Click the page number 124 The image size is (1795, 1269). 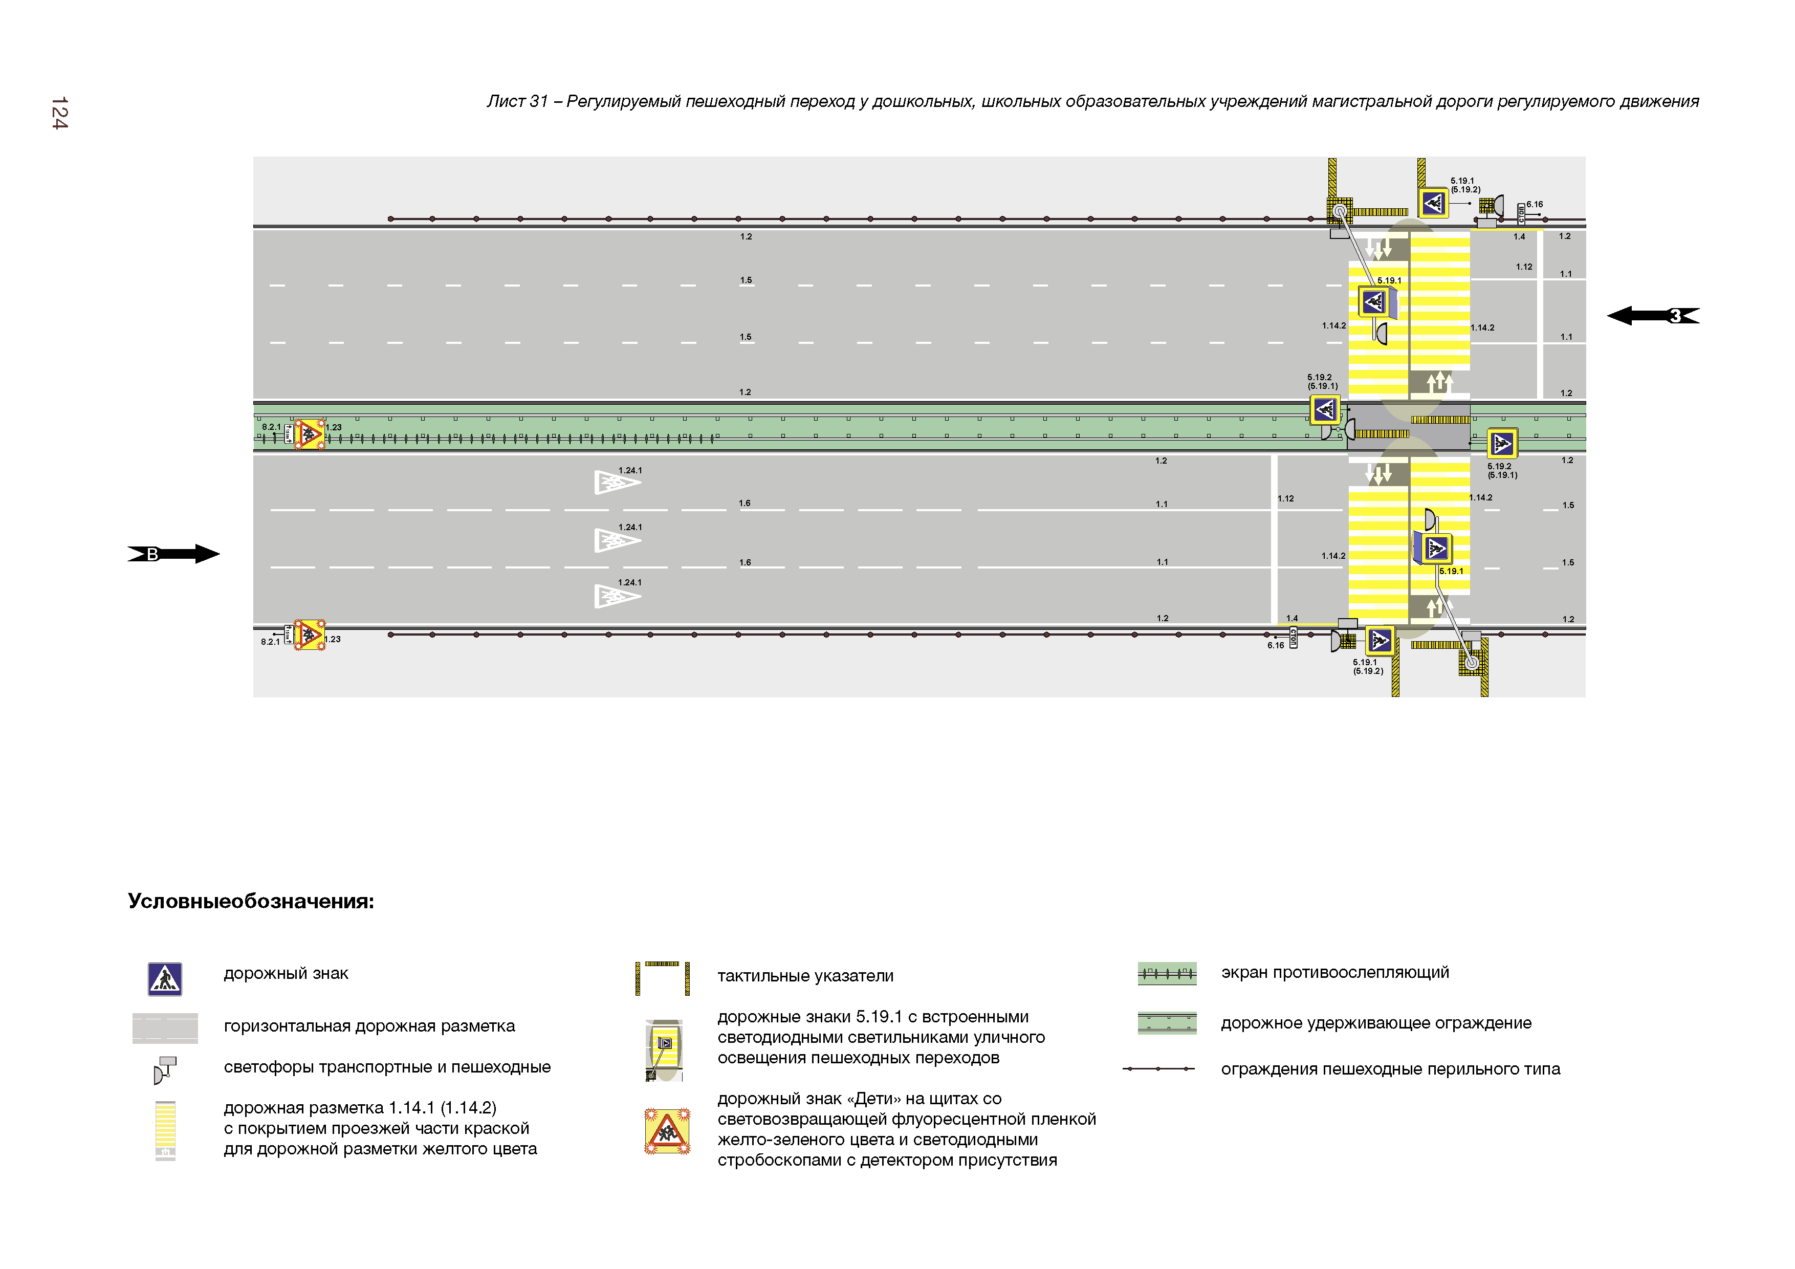(59, 114)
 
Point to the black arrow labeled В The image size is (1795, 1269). (173, 554)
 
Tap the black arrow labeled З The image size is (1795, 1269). (1653, 316)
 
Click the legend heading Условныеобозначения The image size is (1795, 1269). (251, 902)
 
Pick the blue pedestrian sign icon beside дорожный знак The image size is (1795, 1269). (165, 979)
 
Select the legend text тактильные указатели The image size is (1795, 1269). (805, 976)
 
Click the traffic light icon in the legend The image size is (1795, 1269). (165, 1069)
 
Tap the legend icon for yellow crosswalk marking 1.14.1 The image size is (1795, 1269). (165, 1130)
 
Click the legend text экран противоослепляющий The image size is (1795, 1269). (1334, 973)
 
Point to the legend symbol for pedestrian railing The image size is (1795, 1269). (1158, 1069)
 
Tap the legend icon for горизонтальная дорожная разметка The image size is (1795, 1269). (165, 1028)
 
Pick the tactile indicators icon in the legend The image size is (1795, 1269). (662, 977)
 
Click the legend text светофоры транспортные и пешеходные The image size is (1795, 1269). (387, 1067)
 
